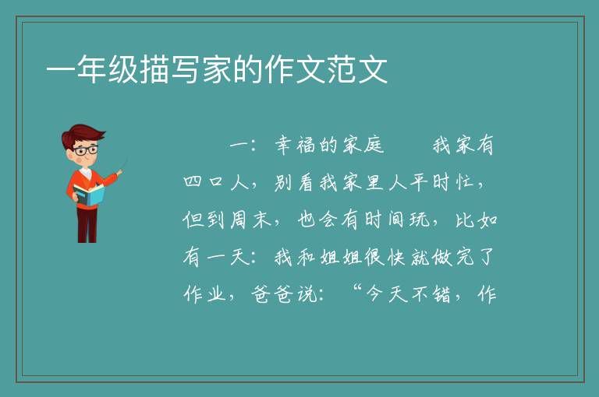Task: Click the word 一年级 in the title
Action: [92, 69]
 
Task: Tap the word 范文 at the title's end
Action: [357, 69]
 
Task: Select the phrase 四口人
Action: [216, 182]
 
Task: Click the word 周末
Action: [251, 220]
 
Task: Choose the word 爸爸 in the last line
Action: [272, 294]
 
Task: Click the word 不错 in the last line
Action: [431, 294]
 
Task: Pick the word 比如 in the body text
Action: [477, 220]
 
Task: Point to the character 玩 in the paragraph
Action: [420, 220]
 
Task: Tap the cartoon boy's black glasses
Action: [85, 150]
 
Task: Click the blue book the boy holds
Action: [88, 195]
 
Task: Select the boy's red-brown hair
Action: [82, 134]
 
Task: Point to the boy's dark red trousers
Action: [87, 225]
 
